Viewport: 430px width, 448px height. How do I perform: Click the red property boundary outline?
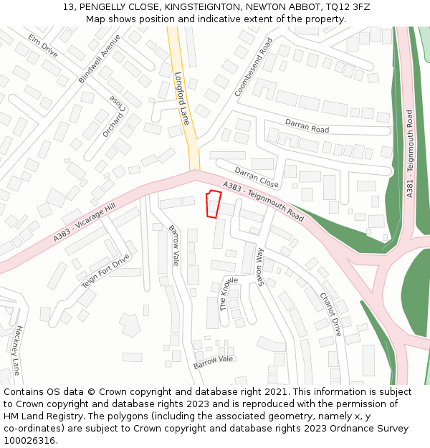(213, 204)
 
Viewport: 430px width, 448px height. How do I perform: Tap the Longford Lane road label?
(181, 98)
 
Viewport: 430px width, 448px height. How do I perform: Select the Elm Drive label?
(43, 45)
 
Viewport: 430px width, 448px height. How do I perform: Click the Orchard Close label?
(115, 115)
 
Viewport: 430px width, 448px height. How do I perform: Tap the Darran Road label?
(307, 126)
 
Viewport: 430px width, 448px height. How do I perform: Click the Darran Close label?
(257, 177)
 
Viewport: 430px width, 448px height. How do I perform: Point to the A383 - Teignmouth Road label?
(263, 201)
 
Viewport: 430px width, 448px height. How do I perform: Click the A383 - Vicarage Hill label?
(84, 222)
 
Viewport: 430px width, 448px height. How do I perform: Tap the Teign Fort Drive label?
(105, 272)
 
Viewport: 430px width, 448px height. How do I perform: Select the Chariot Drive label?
(330, 314)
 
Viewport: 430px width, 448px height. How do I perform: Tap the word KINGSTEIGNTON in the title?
(196, 6)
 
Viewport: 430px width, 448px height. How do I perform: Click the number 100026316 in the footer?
(29, 440)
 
